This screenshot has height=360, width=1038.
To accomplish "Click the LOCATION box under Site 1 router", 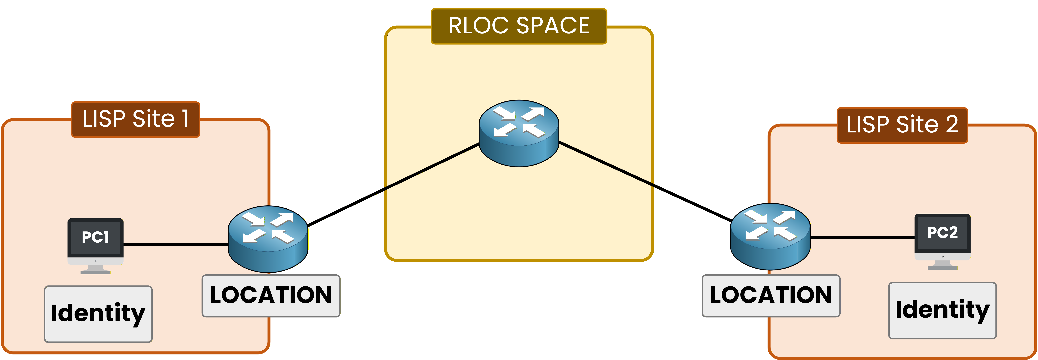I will point(271,295).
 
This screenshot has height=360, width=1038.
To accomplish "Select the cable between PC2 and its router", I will point(862,238).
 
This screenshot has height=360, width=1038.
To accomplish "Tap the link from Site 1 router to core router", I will point(393,184).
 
